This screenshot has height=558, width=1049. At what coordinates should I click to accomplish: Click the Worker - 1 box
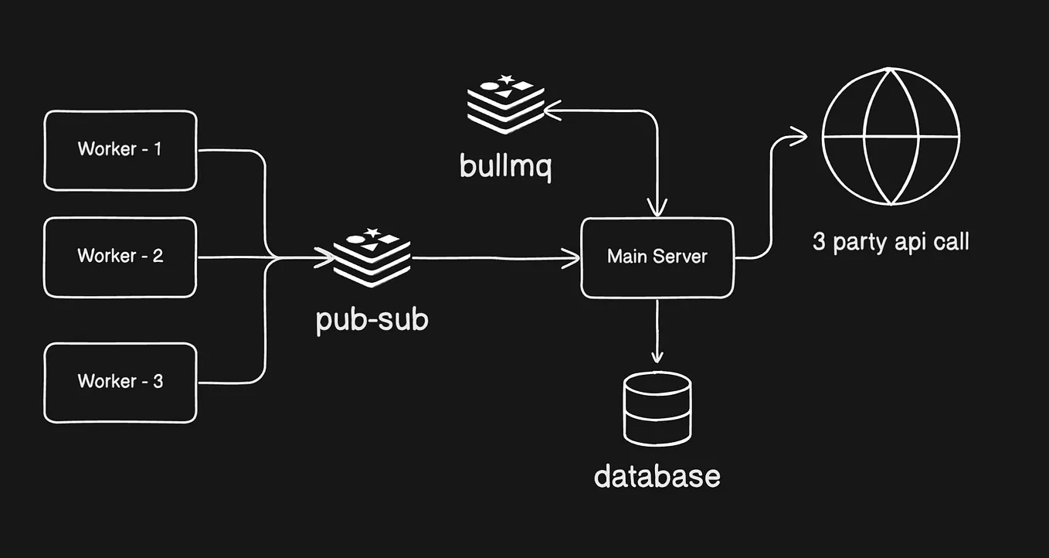click(x=120, y=150)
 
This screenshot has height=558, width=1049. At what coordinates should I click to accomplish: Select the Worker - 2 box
click(x=120, y=257)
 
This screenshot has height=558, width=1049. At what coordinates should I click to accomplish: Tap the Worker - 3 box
click(x=120, y=383)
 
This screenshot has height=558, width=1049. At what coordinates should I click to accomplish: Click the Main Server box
click(x=657, y=257)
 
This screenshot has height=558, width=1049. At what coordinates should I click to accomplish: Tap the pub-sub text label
click(x=372, y=320)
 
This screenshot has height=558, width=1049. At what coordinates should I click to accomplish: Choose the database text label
click(x=657, y=475)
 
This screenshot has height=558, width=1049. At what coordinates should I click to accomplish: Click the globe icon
click(x=891, y=136)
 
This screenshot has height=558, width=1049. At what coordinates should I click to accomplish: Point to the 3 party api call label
click(x=891, y=242)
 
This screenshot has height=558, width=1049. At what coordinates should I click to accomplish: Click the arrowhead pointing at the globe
click(x=800, y=137)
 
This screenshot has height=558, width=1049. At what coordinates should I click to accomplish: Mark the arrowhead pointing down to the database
click(x=657, y=357)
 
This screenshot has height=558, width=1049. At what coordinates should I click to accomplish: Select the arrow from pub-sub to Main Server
click(x=494, y=258)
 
